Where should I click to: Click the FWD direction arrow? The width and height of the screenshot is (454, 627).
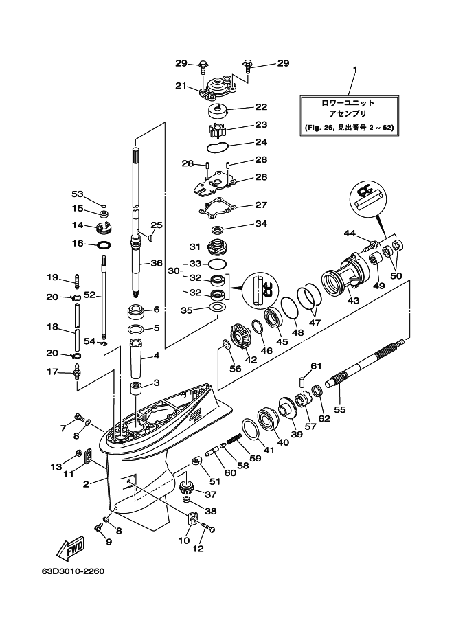pyautogui.click(x=69, y=548)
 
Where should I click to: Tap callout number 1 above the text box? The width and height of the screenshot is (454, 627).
pyautogui.click(x=355, y=70)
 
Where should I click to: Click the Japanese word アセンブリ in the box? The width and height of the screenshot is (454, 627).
pyautogui.click(x=348, y=115)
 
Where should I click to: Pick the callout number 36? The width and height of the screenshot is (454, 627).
pyautogui.click(x=157, y=262)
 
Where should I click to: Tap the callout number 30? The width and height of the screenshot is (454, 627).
pyautogui.click(x=174, y=271)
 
